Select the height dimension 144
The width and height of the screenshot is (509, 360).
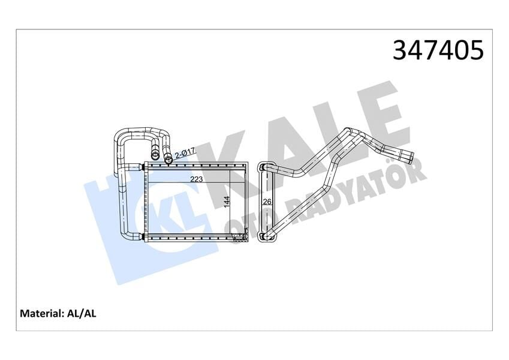point(226,202)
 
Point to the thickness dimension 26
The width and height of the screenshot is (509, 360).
point(267,202)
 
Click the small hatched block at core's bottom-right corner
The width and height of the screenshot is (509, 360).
point(240,239)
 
